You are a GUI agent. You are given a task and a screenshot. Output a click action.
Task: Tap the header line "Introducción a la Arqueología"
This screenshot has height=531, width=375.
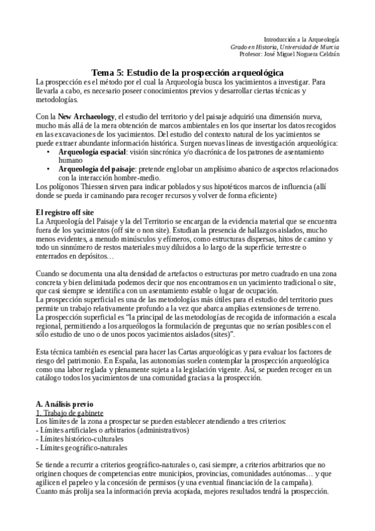point(301,39)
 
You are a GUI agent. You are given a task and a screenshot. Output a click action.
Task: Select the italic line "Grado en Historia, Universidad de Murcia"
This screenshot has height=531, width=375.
point(285,46)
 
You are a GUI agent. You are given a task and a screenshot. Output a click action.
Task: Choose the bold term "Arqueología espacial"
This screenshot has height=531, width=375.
point(93,152)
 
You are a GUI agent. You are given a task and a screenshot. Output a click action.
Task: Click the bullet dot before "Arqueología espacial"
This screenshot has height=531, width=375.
point(49,152)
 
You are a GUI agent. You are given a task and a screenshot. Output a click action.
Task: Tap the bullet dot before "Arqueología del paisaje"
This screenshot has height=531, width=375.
point(49,169)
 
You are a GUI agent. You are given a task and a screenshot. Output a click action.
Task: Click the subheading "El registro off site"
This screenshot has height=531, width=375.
point(65,212)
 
